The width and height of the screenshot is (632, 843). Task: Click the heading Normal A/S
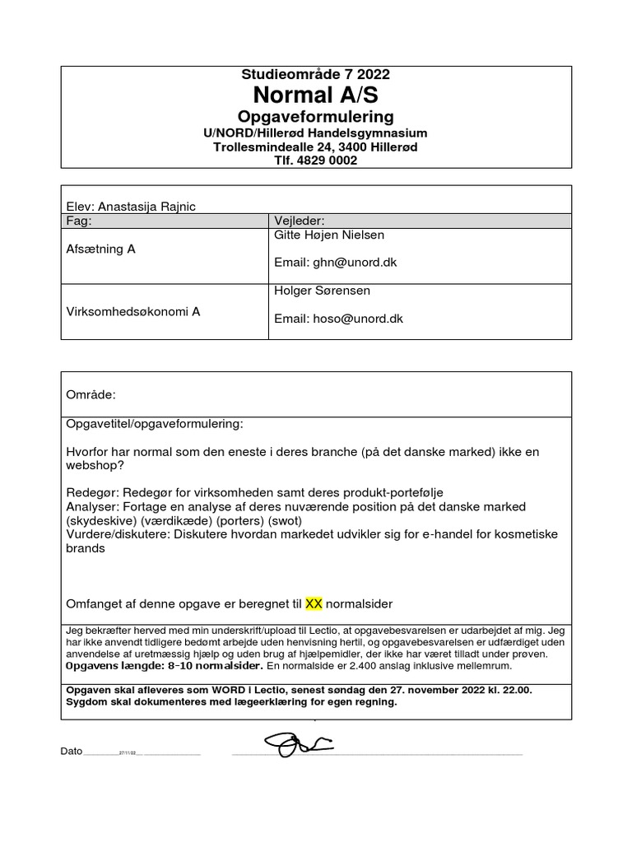coord(316,95)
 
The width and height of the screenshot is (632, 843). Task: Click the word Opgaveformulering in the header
coord(316,116)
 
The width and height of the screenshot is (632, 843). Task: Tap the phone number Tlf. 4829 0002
coord(316,161)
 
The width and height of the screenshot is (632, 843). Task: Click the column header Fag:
coord(80,221)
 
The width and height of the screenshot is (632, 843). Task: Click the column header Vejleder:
coord(299,221)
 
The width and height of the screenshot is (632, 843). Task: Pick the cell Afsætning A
coord(100,249)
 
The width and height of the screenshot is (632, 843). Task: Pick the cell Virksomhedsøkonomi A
coord(132,311)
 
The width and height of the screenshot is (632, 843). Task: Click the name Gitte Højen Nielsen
coord(328,235)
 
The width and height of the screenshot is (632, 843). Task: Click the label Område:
coord(91,395)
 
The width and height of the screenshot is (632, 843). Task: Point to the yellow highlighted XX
coord(314,603)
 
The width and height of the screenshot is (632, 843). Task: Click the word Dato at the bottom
coord(72,752)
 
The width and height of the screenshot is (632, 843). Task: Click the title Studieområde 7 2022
coord(316,74)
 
